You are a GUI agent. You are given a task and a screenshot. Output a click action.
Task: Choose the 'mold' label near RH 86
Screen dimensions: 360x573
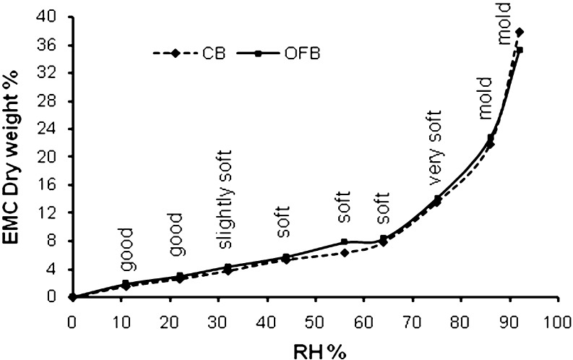[x=485, y=98]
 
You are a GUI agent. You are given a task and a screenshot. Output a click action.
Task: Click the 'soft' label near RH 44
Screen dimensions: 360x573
[x=284, y=225]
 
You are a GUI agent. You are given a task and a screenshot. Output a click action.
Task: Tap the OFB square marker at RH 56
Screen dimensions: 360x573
[x=345, y=242]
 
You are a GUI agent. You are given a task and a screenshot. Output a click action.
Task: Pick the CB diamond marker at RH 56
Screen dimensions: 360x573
[x=345, y=253]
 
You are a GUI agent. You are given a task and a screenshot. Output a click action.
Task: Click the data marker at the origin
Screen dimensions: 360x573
[x=72, y=296]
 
